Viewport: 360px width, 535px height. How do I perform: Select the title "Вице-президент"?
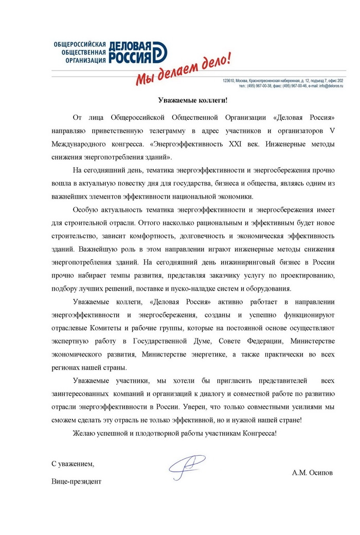click(x=77, y=482)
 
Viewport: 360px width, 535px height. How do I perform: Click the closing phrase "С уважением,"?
click(x=73, y=463)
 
